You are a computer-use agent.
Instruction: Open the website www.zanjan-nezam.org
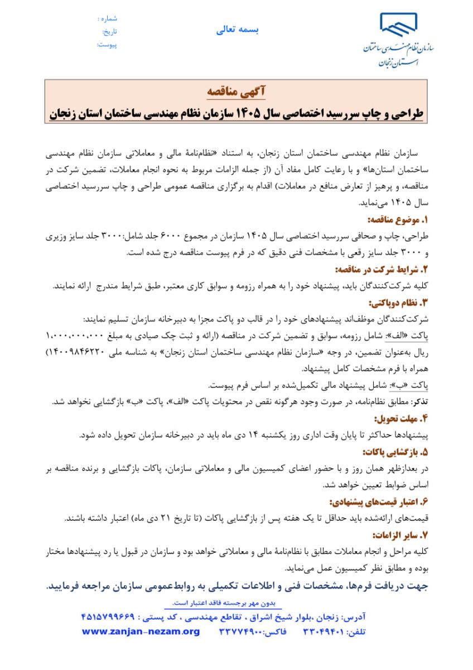(141, 632)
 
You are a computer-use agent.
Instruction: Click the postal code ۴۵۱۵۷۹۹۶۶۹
(112, 619)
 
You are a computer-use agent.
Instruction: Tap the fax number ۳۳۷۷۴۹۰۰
(240, 633)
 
